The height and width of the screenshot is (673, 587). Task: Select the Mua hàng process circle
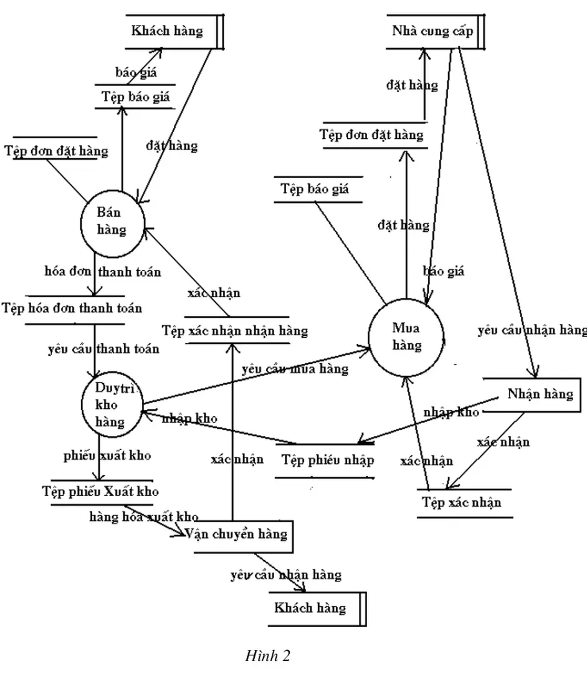407,336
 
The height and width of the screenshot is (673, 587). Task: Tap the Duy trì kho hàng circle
111,404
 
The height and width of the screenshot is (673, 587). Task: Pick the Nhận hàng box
540,394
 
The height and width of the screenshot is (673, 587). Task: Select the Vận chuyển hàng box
236,535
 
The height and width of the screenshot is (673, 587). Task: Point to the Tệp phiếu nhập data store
328,461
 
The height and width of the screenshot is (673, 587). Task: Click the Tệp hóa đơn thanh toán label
72,308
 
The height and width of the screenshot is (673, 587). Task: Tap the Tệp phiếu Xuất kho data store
100,491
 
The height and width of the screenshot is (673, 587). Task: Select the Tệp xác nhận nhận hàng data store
234,330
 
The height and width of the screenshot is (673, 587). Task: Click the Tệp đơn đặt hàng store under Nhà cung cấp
371,135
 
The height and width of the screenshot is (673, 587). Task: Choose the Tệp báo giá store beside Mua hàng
315,189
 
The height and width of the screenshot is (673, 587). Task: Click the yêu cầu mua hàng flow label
295,369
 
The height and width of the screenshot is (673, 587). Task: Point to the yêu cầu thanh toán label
103,349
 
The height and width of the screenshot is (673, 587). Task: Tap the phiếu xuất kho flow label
107,456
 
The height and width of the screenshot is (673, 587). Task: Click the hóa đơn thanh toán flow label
103,272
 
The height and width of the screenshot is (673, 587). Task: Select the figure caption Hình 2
268,656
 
